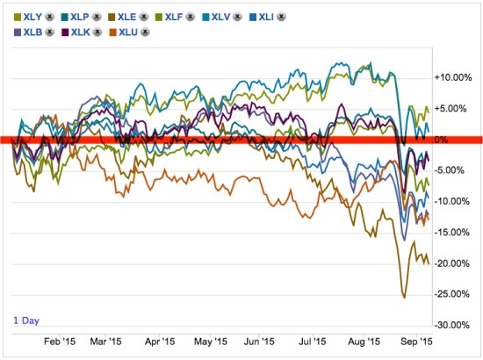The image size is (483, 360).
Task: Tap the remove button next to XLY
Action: point(49,16)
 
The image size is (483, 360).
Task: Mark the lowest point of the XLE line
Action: point(404,298)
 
